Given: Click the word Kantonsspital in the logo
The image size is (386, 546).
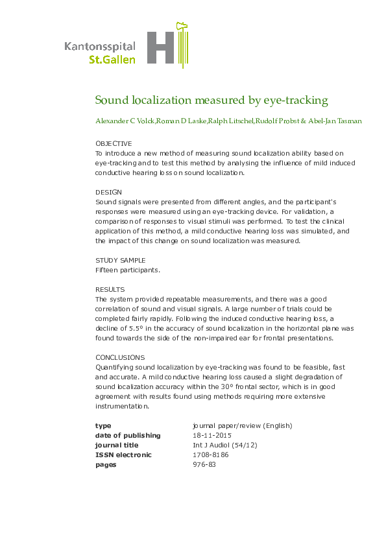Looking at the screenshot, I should tap(100, 47).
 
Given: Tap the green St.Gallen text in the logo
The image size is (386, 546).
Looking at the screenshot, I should tap(112, 60).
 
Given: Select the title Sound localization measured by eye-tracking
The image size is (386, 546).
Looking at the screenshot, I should tap(211, 101).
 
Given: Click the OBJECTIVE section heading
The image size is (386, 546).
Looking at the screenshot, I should tap(114, 143).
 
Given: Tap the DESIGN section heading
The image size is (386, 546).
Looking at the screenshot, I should tap(108, 193).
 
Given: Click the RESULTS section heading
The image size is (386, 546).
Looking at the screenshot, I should tap(110, 289).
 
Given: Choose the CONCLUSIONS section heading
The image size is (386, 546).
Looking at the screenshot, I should tap(120, 357).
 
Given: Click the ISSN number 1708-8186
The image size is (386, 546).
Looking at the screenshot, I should tap(211, 455).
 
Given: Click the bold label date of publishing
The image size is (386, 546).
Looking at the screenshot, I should tap(128, 436).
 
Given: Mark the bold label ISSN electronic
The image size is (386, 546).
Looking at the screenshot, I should tap(123, 455).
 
